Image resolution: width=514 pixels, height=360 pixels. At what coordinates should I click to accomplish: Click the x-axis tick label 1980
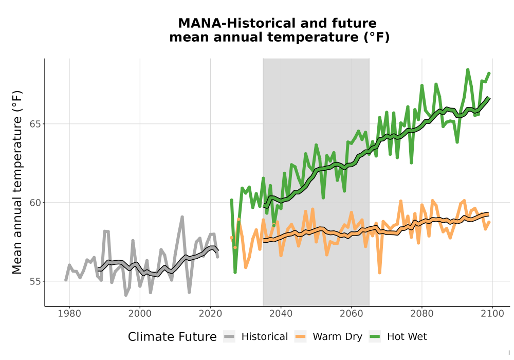69,314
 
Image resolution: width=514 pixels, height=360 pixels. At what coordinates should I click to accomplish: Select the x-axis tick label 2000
140,314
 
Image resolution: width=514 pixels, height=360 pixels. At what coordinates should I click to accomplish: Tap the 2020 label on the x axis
210,314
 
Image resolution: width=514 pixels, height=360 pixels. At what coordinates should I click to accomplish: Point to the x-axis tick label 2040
281,314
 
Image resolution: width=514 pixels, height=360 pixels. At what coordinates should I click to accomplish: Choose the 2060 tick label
351,314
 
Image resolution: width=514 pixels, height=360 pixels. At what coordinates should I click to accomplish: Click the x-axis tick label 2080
422,314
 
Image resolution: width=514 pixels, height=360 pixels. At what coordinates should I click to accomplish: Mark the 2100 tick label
492,314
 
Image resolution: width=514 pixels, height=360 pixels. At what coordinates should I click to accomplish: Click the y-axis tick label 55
35,282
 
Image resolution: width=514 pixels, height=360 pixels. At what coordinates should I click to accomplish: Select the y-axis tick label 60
35,203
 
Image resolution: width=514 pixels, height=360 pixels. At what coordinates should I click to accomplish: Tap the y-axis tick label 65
35,124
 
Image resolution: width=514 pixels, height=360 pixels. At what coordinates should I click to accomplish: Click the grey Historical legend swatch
229,337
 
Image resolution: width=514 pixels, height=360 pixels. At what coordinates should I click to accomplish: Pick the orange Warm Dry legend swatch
300,337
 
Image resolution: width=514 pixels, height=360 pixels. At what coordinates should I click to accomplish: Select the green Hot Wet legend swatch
375,337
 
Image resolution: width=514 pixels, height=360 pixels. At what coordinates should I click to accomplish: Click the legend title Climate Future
172,337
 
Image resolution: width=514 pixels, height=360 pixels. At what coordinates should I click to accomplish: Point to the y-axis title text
17,182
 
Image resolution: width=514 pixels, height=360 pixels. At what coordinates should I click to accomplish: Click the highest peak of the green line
468,69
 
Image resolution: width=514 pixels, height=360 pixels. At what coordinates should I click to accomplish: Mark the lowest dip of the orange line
380,273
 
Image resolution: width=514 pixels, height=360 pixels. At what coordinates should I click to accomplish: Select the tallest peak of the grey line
182,217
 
